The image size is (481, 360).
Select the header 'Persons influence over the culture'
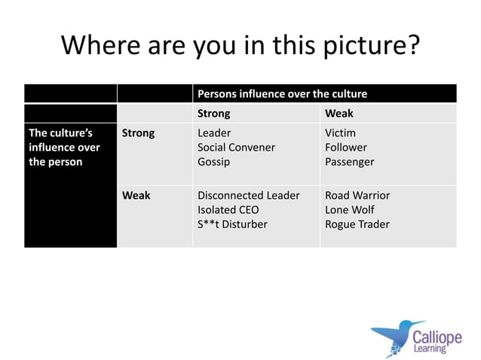point(282,94)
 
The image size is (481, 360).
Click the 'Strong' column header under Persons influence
point(213,114)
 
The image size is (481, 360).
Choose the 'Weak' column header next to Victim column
point(339,114)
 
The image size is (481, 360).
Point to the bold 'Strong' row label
point(138,133)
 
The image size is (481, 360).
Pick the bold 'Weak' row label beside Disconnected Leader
point(136,196)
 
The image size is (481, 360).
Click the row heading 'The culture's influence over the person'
point(64,148)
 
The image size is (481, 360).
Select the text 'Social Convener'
point(236,148)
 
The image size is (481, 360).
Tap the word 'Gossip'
point(213,162)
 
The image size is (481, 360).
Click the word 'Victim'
point(340,133)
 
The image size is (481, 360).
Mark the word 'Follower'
point(346,148)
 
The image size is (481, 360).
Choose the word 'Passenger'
point(349,162)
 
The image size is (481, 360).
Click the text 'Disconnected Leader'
point(248,196)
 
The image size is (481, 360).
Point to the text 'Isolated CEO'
point(228,210)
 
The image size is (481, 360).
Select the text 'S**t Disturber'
point(231,224)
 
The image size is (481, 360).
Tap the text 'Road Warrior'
point(357,196)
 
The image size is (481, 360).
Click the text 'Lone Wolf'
point(349,210)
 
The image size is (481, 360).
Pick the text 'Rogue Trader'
point(357,224)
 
